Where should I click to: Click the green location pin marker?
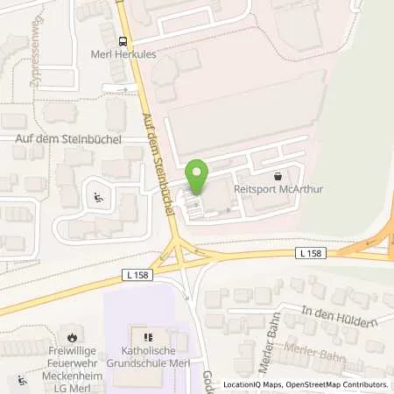pos(197,179)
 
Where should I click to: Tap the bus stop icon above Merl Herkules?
pos(123,40)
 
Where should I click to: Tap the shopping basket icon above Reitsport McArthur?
pos(278,173)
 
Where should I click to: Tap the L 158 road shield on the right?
pos(308,253)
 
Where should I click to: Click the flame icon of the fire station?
pos(76,335)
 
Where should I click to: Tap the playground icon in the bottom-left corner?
pos(20,382)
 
